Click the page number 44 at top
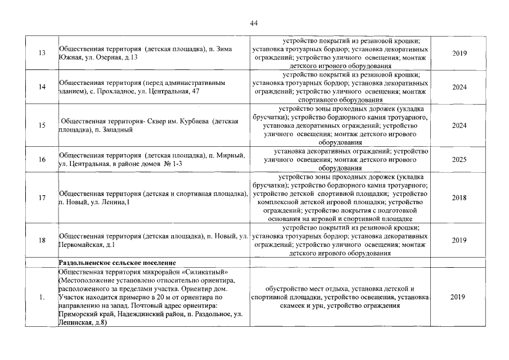coord(254,23)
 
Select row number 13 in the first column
coord(42,53)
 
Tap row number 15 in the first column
coord(42,125)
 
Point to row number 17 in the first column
coord(42,198)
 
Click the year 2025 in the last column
coord(459,160)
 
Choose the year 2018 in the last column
coord(459,198)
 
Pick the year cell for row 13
coord(459,53)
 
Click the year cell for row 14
coord(459,87)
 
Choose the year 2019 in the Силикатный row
coord(459,298)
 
